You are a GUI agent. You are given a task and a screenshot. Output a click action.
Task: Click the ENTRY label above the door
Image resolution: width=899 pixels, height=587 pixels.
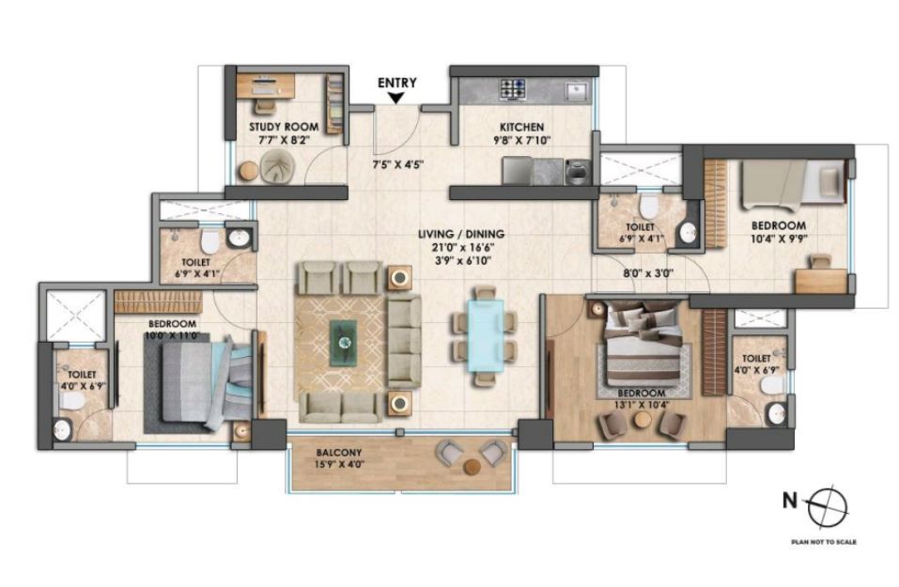[396, 83]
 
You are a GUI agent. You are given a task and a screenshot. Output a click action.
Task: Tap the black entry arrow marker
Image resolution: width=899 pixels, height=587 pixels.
[395, 99]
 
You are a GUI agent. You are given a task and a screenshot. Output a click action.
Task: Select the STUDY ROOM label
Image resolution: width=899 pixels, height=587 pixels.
[284, 127]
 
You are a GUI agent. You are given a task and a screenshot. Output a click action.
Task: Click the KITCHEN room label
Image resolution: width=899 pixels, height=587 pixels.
[521, 127]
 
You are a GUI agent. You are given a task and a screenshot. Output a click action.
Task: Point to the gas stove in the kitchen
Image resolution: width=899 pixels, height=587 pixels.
[513, 89]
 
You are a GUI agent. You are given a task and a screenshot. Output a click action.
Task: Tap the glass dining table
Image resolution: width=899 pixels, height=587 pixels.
[487, 336]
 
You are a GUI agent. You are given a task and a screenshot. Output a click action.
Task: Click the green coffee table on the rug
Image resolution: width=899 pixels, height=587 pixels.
[344, 343]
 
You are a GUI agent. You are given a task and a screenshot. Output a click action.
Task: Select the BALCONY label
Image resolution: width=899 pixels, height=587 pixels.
[339, 453]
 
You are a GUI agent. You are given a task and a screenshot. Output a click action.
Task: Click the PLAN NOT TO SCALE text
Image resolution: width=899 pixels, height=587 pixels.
[824, 542]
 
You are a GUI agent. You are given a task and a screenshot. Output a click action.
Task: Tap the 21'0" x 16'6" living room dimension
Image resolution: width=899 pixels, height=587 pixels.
[461, 248]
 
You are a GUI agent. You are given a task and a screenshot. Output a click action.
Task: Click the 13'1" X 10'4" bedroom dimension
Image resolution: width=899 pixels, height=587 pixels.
[641, 404]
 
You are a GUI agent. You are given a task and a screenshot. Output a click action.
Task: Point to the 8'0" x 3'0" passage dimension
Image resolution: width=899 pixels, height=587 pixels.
[648, 273]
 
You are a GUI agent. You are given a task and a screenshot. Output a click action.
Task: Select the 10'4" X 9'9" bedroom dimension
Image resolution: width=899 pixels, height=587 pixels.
[780, 238]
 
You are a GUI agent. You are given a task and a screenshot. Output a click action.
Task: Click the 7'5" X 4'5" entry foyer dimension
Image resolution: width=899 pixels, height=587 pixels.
[398, 165]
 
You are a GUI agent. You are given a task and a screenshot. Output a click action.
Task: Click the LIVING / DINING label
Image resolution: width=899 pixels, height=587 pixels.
[461, 234]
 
